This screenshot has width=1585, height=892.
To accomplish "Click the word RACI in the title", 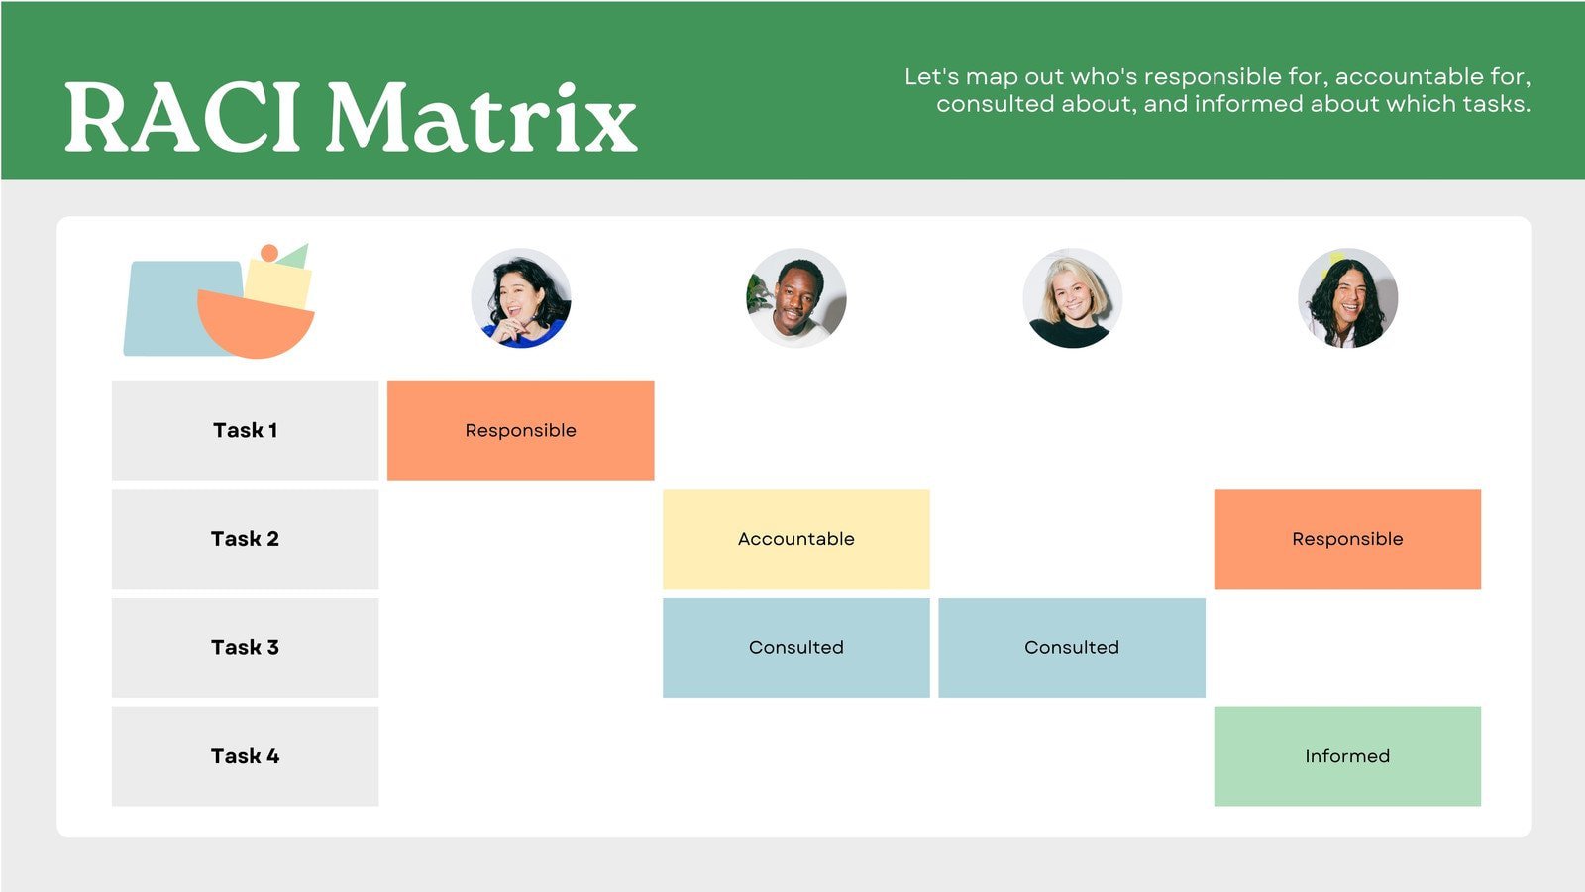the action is click(182, 118).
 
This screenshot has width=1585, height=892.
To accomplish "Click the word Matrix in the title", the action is click(481, 118).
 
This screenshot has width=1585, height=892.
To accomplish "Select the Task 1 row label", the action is click(245, 430).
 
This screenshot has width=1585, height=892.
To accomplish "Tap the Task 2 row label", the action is click(245, 539).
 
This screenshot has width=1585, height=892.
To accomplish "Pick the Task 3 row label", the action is click(245, 647).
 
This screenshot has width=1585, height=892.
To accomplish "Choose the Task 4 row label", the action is click(245, 756).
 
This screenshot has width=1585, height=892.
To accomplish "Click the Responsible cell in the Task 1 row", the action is click(520, 430).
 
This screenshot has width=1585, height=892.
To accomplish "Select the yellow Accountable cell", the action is click(795, 539).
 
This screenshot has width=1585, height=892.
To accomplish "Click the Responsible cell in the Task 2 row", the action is click(1347, 539).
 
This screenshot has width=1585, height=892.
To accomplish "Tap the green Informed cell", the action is click(1347, 756).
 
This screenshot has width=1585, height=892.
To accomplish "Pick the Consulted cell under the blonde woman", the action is click(1072, 647).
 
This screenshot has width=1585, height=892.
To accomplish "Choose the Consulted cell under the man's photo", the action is click(795, 647).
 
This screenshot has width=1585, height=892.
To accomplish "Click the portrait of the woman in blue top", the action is click(521, 297).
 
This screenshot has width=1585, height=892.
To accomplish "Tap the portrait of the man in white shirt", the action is click(796, 297).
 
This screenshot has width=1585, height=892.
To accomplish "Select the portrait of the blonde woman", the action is click(1072, 297).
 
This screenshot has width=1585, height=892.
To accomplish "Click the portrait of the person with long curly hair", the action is click(1347, 297).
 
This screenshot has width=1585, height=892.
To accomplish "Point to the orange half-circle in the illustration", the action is click(256, 327).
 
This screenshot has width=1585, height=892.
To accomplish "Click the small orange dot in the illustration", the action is click(268, 253).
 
